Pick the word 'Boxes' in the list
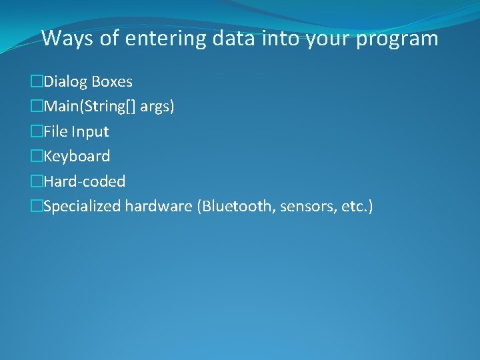coord(112,82)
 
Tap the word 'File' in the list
coord(56,131)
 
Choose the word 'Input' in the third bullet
coord(91,132)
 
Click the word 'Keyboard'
coord(77,157)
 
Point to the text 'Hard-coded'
coord(84,181)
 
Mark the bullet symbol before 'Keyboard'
coord(36,157)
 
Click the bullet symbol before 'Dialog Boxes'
coord(36,82)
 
